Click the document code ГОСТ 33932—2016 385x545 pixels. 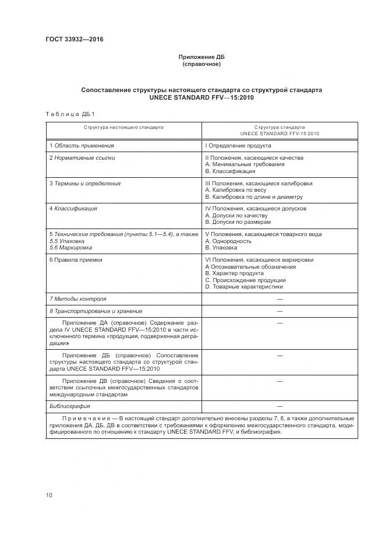pyautogui.click(x=70, y=40)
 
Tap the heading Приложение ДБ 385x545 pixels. pyautogui.click(x=201, y=57)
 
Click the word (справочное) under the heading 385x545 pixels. pyautogui.click(x=201, y=64)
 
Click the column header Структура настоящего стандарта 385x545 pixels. pyautogui.click(x=123, y=126)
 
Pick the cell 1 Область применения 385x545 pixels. pyautogui.click(x=82, y=145)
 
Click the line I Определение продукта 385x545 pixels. pyautogui.click(x=238, y=145)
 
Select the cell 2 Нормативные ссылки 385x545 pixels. pyautogui.click(x=82, y=158)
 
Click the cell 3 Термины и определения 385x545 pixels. pyautogui.click(x=85, y=184)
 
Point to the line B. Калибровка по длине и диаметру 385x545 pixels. pyautogui.click(x=259, y=197)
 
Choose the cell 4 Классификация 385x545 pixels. pyautogui.click(x=73, y=208)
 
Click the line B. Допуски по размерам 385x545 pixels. pyautogui.click(x=238, y=222)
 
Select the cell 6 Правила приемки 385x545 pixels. pyautogui.click(x=76, y=260)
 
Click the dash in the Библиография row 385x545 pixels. pyautogui.click(x=280, y=406)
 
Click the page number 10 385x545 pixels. pyautogui.click(x=49, y=495)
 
